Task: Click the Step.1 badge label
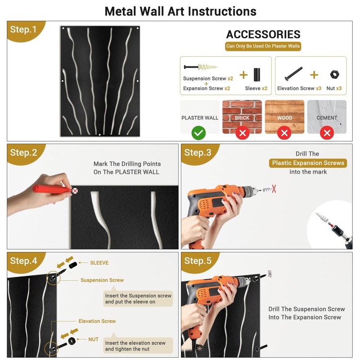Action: tap(23, 30)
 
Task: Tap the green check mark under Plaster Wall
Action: tap(198, 133)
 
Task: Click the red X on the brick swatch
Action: tap(243, 133)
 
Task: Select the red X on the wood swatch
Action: tap(284, 133)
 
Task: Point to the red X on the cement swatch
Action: tap(327, 133)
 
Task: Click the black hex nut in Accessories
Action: tap(334, 75)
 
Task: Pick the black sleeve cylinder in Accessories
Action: tap(256, 75)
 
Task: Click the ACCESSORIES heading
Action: tap(263, 35)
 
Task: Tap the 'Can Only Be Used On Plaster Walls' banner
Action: tap(263, 46)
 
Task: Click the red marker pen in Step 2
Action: tap(51, 189)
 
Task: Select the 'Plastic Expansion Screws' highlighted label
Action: tap(308, 163)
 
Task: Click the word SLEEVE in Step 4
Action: tap(99, 263)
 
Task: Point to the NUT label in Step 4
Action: tap(93, 339)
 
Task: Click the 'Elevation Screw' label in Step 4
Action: tap(97, 321)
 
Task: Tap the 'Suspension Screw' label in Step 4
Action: tap(102, 280)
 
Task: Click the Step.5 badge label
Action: tap(198, 261)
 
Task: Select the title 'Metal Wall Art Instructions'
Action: tap(180, 12)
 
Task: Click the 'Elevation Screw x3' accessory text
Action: tap(299, 88)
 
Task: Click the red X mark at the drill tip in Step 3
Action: tap(274, 189)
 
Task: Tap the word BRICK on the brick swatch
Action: tap(242, 118)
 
